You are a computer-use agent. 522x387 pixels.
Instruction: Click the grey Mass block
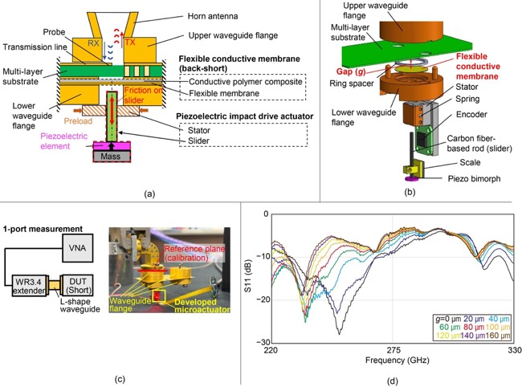tap(111, 156)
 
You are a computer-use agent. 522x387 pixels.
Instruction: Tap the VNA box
tap(78, 248)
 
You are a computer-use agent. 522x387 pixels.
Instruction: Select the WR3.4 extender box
tap(29, 286)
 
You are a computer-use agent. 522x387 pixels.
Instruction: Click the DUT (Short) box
tap(78, 286)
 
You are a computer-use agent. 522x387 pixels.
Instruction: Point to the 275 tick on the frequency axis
tap(394, 350)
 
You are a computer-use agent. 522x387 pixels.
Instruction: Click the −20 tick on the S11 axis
tap(263, 299)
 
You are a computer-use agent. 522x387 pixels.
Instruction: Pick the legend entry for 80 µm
tap(474, 328)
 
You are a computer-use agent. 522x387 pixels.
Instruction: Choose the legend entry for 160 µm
tap(498, 336)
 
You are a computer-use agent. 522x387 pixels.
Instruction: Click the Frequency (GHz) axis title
tap(398, 360)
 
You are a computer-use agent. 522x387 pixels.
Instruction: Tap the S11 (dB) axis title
tap(248, 276)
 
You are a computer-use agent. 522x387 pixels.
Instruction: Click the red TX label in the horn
tap(130, 43)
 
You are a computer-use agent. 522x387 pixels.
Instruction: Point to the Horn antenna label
tap(213, 16)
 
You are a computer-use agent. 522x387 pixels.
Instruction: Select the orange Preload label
tap(78, 121)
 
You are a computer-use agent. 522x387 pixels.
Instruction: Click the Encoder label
tap(471, 115)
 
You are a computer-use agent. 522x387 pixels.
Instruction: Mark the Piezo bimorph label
tap(474, 179)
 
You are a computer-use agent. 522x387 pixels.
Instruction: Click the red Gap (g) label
tap(351, 71)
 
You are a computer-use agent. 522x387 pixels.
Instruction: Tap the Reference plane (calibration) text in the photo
tap(195, 254)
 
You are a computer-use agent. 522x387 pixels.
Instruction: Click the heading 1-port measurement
tap(43, 229)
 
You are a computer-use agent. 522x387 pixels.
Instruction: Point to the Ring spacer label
tap(352, 84)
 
